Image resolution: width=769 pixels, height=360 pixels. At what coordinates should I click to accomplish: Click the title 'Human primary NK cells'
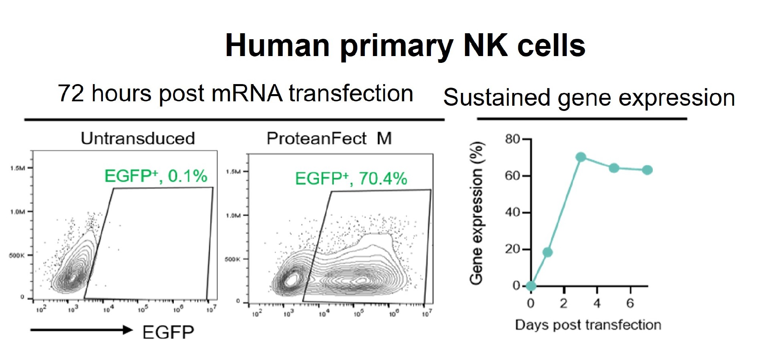(x=405, y=46)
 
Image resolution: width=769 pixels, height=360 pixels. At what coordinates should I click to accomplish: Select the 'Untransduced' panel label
(x=138, y=139)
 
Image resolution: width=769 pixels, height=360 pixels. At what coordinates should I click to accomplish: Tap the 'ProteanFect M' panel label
(x=329, y=139)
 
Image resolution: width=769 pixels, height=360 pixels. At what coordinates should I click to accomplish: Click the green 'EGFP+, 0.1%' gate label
(x=156, y=176)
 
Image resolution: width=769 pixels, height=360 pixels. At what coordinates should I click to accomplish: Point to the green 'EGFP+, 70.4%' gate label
(x=351, y=179)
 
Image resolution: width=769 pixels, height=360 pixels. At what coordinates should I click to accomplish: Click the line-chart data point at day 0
(x=531, y=286)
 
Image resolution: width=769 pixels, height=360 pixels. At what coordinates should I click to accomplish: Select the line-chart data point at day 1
(x=548, y=252)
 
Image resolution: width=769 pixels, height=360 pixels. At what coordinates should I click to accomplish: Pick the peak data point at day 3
(x=581, y=157)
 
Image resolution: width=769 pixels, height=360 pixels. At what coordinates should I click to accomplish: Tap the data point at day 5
(x=614, y=168)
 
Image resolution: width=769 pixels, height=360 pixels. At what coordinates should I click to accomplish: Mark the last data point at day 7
(x=647, y=170)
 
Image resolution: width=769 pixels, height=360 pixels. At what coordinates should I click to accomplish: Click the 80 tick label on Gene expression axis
(x=512, y=139)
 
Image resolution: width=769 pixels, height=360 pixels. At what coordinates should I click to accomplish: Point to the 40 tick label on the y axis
(x=512, y=212)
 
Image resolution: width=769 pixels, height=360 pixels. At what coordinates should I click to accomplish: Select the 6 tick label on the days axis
(x=630, y=304)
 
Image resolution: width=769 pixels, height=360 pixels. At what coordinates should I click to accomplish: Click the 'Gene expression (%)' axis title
(x=477, y=213)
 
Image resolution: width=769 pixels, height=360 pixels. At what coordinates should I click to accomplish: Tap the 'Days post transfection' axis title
(x=588, y=325)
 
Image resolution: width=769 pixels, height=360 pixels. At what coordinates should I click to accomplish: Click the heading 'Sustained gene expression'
(x=589, y=98)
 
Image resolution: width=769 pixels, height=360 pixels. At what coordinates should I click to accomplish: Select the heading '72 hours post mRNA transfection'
(x=235, y=94)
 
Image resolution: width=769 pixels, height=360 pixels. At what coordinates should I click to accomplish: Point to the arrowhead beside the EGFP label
(x=127, y=330)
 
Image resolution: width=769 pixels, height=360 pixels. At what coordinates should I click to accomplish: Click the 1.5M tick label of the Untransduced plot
(x=18, y=168)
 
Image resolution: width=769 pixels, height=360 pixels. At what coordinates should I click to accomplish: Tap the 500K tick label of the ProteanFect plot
(x=232, y=259)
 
